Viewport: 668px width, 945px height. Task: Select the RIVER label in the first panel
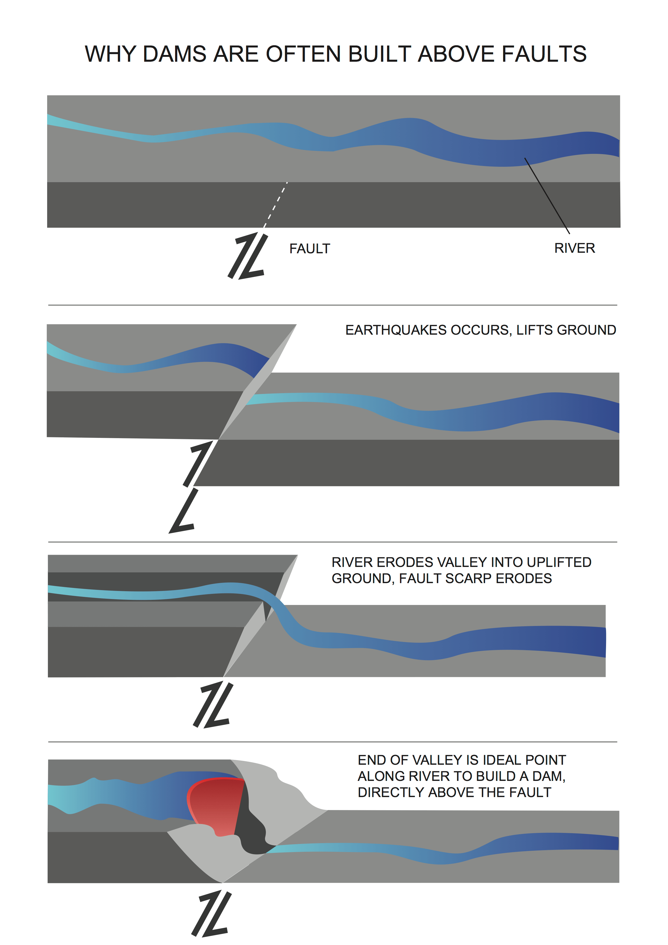574,248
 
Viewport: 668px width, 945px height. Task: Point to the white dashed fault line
276,205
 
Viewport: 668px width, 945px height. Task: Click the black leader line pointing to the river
547,196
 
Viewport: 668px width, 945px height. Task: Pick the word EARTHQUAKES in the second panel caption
395,330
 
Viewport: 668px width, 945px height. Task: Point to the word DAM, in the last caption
549,776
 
